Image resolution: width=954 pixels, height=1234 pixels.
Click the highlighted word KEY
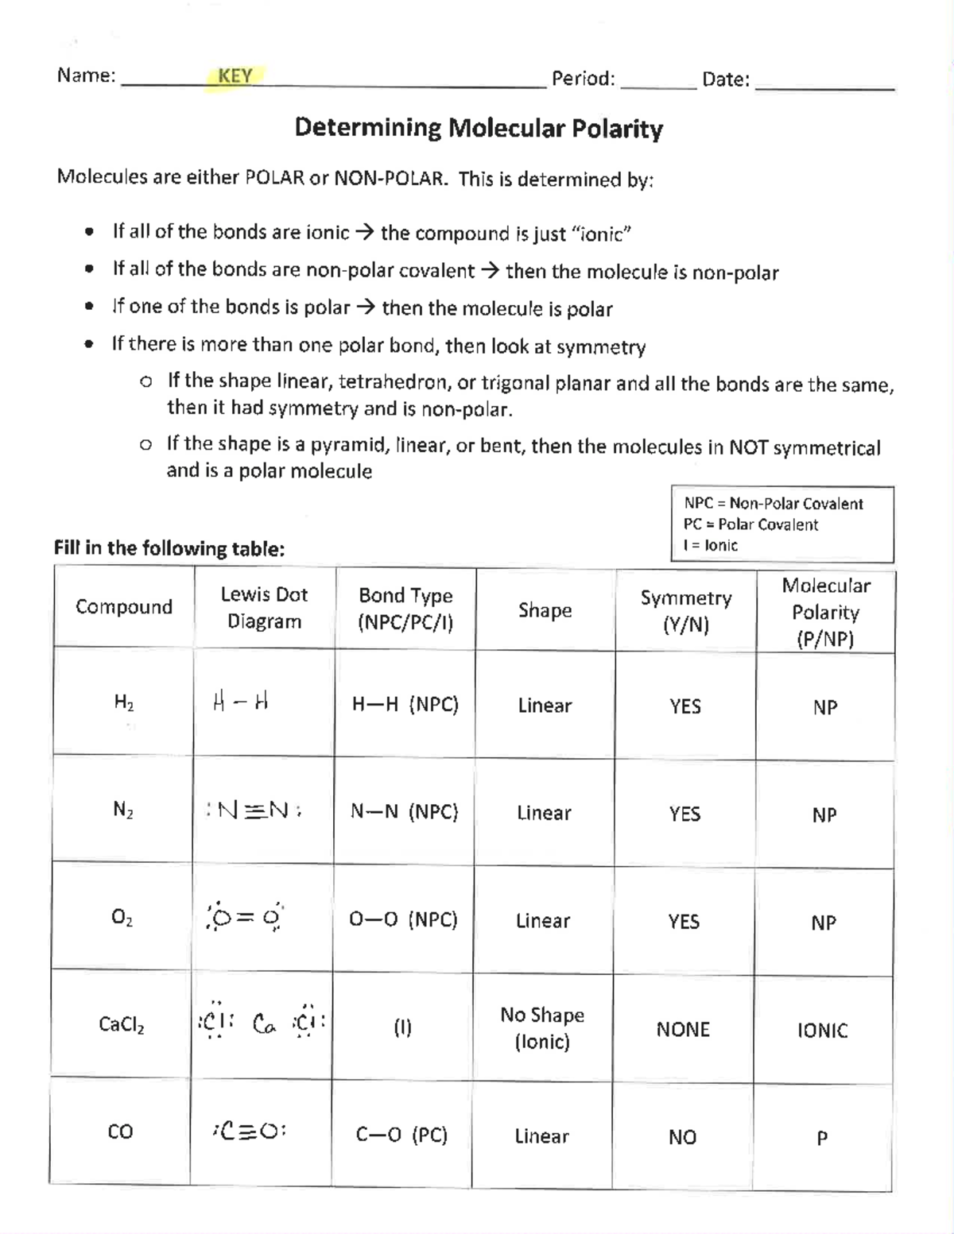pyautogui.click(x=235, y=76)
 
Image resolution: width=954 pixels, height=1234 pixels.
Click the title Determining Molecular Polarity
pyautogui.click(x=479, y=128)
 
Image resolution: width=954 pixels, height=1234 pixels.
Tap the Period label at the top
pyautogui.click(x=583, y=79)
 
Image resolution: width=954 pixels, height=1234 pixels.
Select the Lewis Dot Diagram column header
pyautogui.click(x=264, y=608)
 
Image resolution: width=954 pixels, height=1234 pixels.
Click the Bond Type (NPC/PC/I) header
pyautogui.click(x=405, y=609)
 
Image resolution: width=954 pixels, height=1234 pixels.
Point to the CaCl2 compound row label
pyautogui.click(x=122, y=1024)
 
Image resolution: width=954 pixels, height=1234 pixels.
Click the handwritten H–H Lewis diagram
pyautogui.click(x=241, y=702)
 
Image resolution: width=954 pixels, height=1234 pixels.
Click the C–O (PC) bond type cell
pyautogui.click(x=401, y=1135)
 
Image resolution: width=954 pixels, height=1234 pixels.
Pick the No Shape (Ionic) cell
pyautogui.click(x=542, y=1028)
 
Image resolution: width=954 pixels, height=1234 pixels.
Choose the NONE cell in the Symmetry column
pyautogui.click(x=683, y=1030)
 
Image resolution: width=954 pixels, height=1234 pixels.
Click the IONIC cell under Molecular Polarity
pyautogui.click(x=822, y=1031)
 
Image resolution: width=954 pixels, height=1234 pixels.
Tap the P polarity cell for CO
pyautogui.click(x=822, y=1139)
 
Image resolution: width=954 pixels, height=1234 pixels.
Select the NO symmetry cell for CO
pyautogui.click(x=682, y=1138)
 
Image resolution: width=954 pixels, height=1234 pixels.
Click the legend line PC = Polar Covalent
pyautogui.click(x=750, y=524)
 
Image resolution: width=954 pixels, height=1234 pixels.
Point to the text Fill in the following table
pyautogui.click(x=169, y=548)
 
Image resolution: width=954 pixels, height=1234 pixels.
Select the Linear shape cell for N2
pyautogui.click(x=544, y=813)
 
